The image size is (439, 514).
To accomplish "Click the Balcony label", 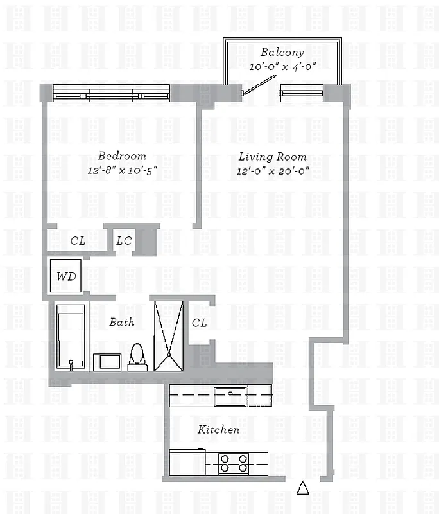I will pos(282,52).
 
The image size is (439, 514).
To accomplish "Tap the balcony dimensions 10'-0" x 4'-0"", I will pos(282,66).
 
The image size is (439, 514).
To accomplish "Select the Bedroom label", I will pos(122,155).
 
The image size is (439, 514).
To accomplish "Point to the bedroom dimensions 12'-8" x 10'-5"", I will pos(122,170).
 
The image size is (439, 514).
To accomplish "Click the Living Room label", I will pos(272,156).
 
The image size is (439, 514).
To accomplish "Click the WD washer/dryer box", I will pos(66,276).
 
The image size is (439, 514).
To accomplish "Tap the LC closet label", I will pos(124,242).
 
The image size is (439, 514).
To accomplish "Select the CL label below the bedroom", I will pos(78,242).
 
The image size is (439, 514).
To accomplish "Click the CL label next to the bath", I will pos(199,323).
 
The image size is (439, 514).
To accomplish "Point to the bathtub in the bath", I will pos(71,337).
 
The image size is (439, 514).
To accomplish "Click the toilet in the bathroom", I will pos(137,358).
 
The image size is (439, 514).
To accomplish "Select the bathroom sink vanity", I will pos(107,362).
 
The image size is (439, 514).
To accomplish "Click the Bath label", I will pos(121,322).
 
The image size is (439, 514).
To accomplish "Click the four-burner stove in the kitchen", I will pos(234,462).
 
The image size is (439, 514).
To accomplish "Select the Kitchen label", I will pos(218,429).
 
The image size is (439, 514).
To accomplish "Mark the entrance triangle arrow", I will pos(303,489).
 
